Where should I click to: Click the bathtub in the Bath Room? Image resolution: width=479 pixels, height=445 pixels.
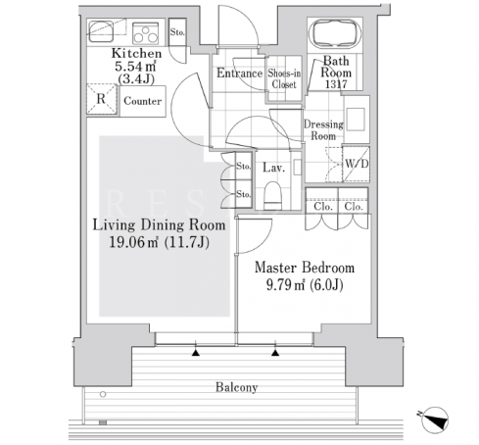(335, 34)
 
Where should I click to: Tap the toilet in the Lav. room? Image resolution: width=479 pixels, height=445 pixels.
(272, 195)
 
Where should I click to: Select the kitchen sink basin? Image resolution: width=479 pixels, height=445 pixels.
(101, 31)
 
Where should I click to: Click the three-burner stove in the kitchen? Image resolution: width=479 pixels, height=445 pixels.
(146, 33)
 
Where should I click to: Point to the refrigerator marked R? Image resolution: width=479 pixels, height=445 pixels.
(102, 99)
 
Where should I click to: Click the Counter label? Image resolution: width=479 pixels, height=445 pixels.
(143, 101)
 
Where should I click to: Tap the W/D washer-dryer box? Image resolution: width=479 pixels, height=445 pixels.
(357, 164)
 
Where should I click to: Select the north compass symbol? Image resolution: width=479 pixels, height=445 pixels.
(434, 420)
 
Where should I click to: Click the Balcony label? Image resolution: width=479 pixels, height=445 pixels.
(236, 387)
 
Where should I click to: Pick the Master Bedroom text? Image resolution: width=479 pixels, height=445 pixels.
(305, 268)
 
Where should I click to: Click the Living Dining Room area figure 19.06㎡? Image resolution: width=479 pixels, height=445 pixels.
(133, 242)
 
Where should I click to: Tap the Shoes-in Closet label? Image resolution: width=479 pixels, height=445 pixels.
(284, 78)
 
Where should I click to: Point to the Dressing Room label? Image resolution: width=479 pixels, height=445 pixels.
(323, 129)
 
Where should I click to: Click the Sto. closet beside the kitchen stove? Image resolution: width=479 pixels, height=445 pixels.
(177, 32)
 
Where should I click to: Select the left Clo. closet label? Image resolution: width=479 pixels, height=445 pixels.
(323, 207)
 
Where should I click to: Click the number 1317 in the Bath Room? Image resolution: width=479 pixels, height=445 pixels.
(336, 84)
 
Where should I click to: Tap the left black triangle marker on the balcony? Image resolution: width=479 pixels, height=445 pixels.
(196, 353)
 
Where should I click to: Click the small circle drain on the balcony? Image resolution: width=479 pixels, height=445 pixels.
(103, 394)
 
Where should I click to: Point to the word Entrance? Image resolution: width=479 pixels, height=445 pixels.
(240, 73)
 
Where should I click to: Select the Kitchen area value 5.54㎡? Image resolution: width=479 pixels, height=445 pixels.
(135, 67)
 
